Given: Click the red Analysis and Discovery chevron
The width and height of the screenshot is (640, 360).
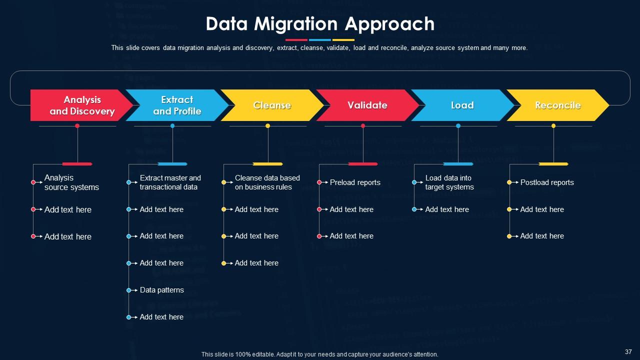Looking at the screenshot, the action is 80,105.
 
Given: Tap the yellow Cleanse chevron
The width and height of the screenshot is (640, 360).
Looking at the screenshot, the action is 272,105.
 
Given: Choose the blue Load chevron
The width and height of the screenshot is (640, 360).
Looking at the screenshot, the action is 462,105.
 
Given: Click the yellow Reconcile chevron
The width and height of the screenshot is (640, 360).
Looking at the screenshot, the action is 557,105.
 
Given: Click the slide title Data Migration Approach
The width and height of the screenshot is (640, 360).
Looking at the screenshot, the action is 320,24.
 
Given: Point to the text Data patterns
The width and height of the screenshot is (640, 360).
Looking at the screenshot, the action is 161,290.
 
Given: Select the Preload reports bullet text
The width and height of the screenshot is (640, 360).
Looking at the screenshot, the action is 355,182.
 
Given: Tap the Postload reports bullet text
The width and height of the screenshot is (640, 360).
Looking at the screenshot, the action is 547,182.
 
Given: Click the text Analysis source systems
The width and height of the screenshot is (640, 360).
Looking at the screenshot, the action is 71,182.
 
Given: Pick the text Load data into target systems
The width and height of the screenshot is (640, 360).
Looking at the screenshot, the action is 449,182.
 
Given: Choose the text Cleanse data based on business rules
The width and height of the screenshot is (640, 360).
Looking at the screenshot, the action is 267,182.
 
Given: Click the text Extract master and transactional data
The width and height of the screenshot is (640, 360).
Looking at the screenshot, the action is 170,182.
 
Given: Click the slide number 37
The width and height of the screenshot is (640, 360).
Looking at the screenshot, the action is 628,351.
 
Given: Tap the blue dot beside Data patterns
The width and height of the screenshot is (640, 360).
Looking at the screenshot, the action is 128,290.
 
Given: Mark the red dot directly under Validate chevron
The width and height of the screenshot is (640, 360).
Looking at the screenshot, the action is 363,125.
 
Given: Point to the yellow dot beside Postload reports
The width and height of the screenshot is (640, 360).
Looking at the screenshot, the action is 509,182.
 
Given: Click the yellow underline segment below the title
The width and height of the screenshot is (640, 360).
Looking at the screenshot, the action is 343,40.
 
